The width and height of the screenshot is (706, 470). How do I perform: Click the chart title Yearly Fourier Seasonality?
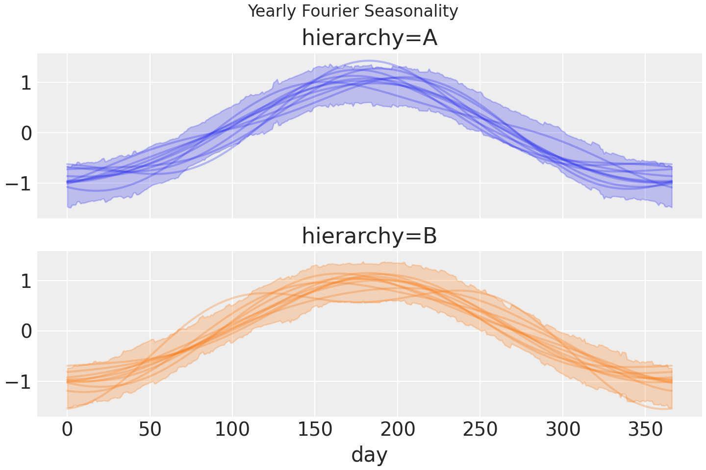(353, 11)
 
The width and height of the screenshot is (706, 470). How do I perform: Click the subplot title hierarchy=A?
(369, 38)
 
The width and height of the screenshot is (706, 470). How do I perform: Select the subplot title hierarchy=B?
(369, 236)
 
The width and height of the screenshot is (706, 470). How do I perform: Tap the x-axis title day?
(369, 454)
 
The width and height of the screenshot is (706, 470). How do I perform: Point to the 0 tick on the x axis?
(67, 430)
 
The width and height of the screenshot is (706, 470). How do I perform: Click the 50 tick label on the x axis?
(150, 430)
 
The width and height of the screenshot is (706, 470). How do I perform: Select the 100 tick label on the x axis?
(232, 430)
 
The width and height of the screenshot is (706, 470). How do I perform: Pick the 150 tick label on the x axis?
(315, 430)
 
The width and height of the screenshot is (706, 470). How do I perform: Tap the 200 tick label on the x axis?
(398, 430)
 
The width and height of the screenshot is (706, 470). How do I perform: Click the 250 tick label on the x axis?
(480, 430)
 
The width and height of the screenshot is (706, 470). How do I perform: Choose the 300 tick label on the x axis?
(563, 430)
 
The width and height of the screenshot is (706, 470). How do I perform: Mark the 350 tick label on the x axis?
(645, 430)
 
